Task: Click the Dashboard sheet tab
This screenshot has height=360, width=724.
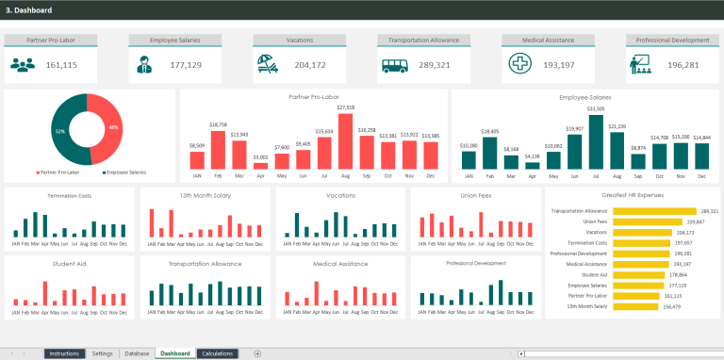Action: pyautogui.click(x=174, y=353)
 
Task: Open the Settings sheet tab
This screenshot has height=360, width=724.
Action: pyautogui.click(x=102, y=353)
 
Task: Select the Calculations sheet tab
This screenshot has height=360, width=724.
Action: pyautogui.click(x=217, y=353)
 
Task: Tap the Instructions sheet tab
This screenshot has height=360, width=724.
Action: pyautogui.click(x=64, y=353)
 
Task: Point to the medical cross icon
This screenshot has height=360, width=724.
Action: pyautogui.click(x=518, y=64)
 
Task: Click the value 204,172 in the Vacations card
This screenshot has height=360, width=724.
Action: pyautogui.click(x=310, y=65)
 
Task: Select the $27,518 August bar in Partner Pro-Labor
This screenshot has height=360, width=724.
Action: pyautogui.click(x=345, y=140)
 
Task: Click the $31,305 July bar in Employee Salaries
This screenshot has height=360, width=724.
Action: pyautogui.click(x=595, y=142)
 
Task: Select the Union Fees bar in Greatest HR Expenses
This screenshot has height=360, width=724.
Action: pyautogui.click(x=650, y=221)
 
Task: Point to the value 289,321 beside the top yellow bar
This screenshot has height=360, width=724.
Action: pyautogui.click(x=710, y=211)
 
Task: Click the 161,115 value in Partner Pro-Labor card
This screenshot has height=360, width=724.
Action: pyautogui.click(x=61, y=65)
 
